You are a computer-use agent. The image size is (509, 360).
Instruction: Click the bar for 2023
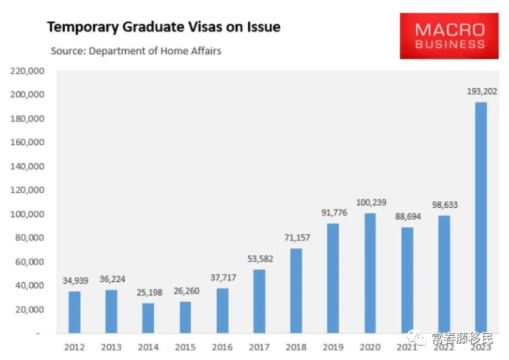481,217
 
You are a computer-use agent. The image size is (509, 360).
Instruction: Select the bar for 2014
148,318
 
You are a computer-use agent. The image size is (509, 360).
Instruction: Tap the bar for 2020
370,272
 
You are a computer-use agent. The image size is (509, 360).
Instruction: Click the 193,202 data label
481,91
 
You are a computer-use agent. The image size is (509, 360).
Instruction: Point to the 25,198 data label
148,292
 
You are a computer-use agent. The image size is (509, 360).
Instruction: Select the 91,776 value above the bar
333,212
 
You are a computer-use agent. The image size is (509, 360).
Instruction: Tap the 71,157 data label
296,237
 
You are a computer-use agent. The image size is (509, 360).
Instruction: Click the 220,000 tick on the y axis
27,71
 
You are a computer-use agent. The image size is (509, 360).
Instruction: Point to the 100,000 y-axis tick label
27,214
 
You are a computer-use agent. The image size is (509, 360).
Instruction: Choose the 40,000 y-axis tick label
29,286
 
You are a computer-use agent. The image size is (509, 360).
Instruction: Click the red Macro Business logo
450,37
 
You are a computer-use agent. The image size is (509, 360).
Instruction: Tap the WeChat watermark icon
416,337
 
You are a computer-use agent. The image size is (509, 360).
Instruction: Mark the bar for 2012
74,312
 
